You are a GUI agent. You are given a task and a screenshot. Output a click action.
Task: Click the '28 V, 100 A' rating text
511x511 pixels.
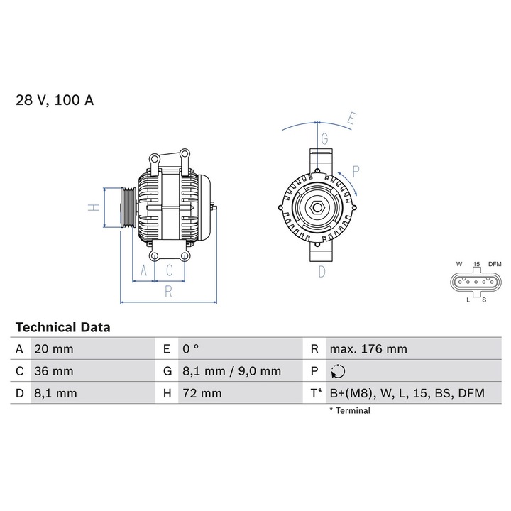tap(55, 100)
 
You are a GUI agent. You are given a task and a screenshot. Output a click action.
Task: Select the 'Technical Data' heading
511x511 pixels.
tap(62, 327)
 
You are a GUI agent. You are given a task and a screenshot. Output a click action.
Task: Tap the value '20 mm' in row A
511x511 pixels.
tap(53, 349)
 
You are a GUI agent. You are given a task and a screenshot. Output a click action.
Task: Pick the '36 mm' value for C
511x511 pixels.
tap(53, 371)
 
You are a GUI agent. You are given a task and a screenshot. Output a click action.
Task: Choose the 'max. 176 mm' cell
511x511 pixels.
tap(368, 349)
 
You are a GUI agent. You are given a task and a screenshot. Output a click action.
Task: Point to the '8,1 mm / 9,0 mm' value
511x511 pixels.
tap(231, 371)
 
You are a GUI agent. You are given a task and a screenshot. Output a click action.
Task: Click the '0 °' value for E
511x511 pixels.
tap(191, 349)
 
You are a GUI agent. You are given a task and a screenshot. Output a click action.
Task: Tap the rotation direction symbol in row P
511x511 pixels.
tap(337, 371)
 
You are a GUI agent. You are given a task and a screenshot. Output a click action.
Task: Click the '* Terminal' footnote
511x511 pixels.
tap(349, 410)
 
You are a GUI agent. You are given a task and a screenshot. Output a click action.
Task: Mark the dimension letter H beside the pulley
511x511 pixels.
tap(92, 207)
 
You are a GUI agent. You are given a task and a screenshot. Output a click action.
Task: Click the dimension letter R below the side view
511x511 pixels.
tap(168, 290)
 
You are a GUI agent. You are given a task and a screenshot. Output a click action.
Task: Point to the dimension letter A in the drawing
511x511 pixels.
tap(143, 270)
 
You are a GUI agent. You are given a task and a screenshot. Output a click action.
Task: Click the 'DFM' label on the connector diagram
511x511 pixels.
tap(494, 264)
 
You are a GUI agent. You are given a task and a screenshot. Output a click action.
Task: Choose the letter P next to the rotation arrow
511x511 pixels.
tap(356, 170)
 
